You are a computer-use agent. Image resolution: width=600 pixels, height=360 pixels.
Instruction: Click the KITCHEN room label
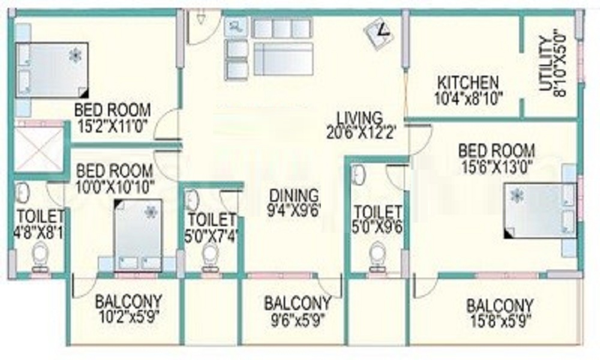[x=468, y=82]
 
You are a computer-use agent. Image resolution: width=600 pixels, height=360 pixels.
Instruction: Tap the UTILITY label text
[x=546, y=64]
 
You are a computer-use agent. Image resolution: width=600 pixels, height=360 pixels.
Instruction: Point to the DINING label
[x=294, y=196]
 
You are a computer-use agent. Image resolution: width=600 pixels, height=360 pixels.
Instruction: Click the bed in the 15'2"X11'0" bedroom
[x=52, y=70]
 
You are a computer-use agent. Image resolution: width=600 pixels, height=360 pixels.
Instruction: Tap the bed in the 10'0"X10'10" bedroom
[x=138, y=235]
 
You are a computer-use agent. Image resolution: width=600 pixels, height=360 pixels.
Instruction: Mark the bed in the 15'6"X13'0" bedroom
[x=541, y=211]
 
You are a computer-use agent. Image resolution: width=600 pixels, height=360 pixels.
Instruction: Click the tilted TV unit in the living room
[x=379, y=32]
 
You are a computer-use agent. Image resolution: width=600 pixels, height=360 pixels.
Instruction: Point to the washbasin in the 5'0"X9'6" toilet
[x=359, y=175]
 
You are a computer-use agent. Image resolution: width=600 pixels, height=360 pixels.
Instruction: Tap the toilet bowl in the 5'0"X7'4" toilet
[x=210, y=256]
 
